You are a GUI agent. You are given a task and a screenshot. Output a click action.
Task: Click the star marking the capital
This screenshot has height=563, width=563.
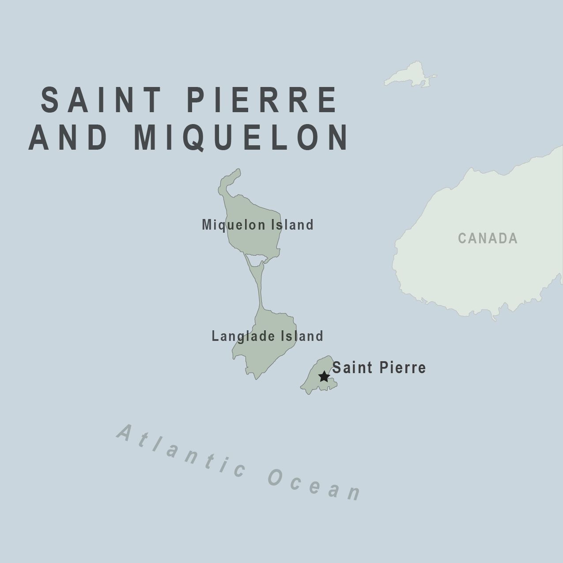(324, 377)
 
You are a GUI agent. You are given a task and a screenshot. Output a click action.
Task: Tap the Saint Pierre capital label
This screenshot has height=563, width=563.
(379, 367)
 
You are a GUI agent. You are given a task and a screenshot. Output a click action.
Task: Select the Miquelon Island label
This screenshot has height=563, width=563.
(257, 225)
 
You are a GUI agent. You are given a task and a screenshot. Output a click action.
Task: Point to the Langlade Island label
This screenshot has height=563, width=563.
(267, 336)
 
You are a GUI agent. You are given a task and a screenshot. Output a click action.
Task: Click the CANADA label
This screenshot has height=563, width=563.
(487, 238)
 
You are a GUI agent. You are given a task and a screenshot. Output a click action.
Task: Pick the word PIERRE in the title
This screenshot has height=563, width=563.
(262, 100)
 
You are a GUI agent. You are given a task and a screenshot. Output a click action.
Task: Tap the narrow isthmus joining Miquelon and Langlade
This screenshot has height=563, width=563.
(259, 287)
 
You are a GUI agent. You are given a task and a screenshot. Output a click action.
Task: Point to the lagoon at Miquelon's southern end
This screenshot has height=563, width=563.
(257, 260)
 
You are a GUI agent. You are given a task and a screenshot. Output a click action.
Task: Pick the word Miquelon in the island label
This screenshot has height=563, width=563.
(234, 225)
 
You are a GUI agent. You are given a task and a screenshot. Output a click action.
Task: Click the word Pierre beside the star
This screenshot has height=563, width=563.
(402, 367)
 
